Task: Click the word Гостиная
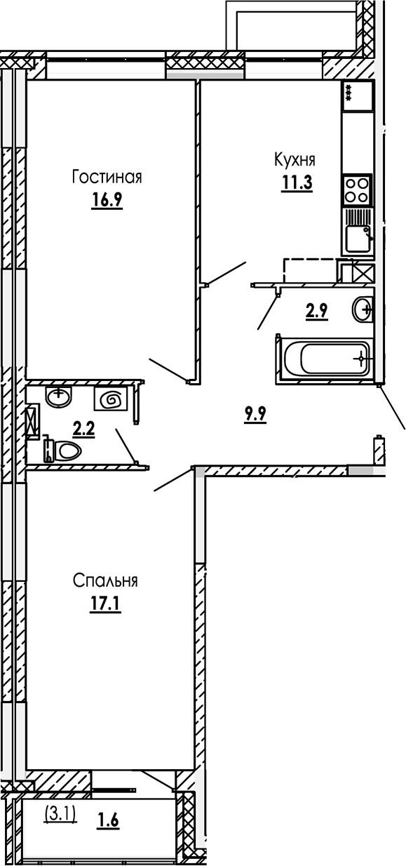[x=107, y=178]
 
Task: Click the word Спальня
[x=105, y=581]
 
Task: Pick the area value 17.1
[x=105, y=604]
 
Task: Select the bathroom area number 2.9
[x=317, y=309]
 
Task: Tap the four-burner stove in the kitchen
[x=358, y=189]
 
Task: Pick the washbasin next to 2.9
[x=363, y=309]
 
